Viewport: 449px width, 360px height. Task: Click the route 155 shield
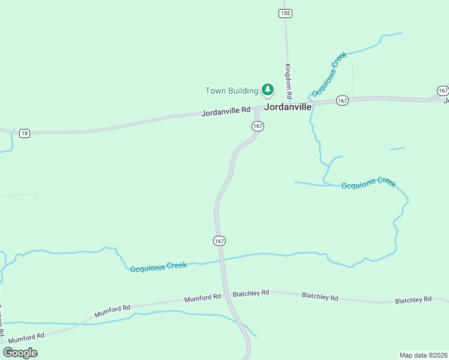click(x=285, y=13)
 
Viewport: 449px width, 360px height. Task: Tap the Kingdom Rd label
click(x=288, y=81)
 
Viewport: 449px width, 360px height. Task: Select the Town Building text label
click(x=232, y=91)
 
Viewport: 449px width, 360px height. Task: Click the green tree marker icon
click(x=268, y=90)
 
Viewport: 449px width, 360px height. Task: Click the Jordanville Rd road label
click(x=226, y=111)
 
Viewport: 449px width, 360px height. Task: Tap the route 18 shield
click(x=24, y=133)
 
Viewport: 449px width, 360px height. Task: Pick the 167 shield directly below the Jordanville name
click(x=258, y=126)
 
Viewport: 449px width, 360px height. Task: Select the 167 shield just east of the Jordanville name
click(x=342, y=100)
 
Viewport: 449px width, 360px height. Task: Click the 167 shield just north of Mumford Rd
click(x=219, y=241)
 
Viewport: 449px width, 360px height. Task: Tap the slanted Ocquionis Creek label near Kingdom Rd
click(x=330, y=75)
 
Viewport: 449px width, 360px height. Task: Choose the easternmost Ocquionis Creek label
click(x=369, y=184)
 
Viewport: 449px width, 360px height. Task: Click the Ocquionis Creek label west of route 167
click(x=158, y=266)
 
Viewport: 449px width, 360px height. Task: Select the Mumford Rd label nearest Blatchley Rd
click(x=202, y=298)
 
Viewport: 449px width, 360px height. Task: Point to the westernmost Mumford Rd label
click(x=27, y=336)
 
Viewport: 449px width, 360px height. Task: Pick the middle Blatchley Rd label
click(x=320, y=296)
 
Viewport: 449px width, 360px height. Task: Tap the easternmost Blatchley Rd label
click(x=413, y=299)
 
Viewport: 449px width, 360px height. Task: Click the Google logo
click(x=20, y=352)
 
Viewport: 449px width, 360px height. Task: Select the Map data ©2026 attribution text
click(x=423, y=355)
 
